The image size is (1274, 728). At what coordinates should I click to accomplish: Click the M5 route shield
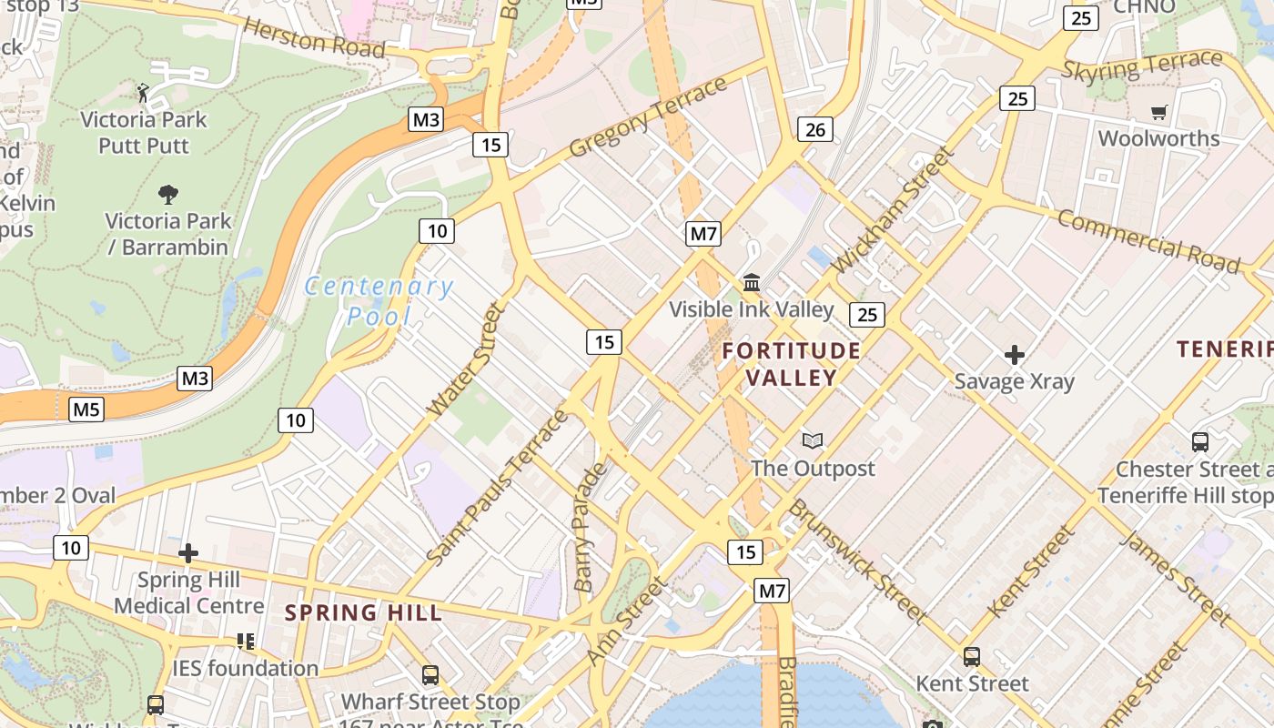(x=86, y=409)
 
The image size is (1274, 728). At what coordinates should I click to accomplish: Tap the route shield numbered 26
(x=814, y=129)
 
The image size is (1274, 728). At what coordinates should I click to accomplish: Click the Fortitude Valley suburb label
(x=792, y=364)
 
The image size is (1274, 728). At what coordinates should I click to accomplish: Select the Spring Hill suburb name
(x=364, y=612)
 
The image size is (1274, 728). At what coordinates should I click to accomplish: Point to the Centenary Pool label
(x=378, y=301)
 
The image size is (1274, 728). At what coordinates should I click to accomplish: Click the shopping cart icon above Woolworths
(x=1158, y=113)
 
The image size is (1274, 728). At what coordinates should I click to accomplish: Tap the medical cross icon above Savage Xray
(x=1015, y=354)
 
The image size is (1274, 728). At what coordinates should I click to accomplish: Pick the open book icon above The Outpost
(x=813, y=441)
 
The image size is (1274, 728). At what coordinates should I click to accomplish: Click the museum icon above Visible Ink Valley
(x=752, y=282)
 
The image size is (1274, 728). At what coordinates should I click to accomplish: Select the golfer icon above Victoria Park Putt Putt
(x=143, y=92)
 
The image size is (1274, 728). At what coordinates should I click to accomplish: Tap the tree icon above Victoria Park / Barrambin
(x=167, y=194)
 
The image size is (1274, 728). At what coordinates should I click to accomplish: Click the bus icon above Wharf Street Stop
(x=430, y=675)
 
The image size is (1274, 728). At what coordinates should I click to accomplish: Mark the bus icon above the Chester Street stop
(x=1200, y=442)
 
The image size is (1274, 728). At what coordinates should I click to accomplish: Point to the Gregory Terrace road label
(x=648, y=116)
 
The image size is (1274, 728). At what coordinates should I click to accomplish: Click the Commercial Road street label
(x=1148, y=242)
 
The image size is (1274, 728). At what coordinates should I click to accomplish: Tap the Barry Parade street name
(x=590, y=528)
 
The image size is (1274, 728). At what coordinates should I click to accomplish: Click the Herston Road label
(x=314, y=37)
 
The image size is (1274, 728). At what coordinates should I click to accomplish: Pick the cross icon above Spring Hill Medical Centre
(x=188, y=553)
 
